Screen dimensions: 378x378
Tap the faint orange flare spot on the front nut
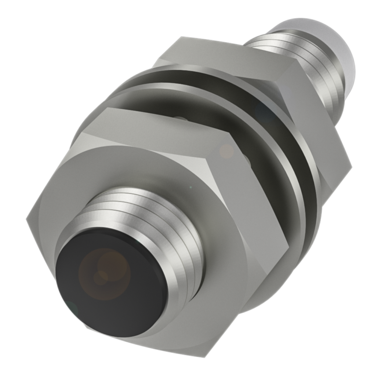point(226,151)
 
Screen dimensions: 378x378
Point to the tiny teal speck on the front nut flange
point(190,187)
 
